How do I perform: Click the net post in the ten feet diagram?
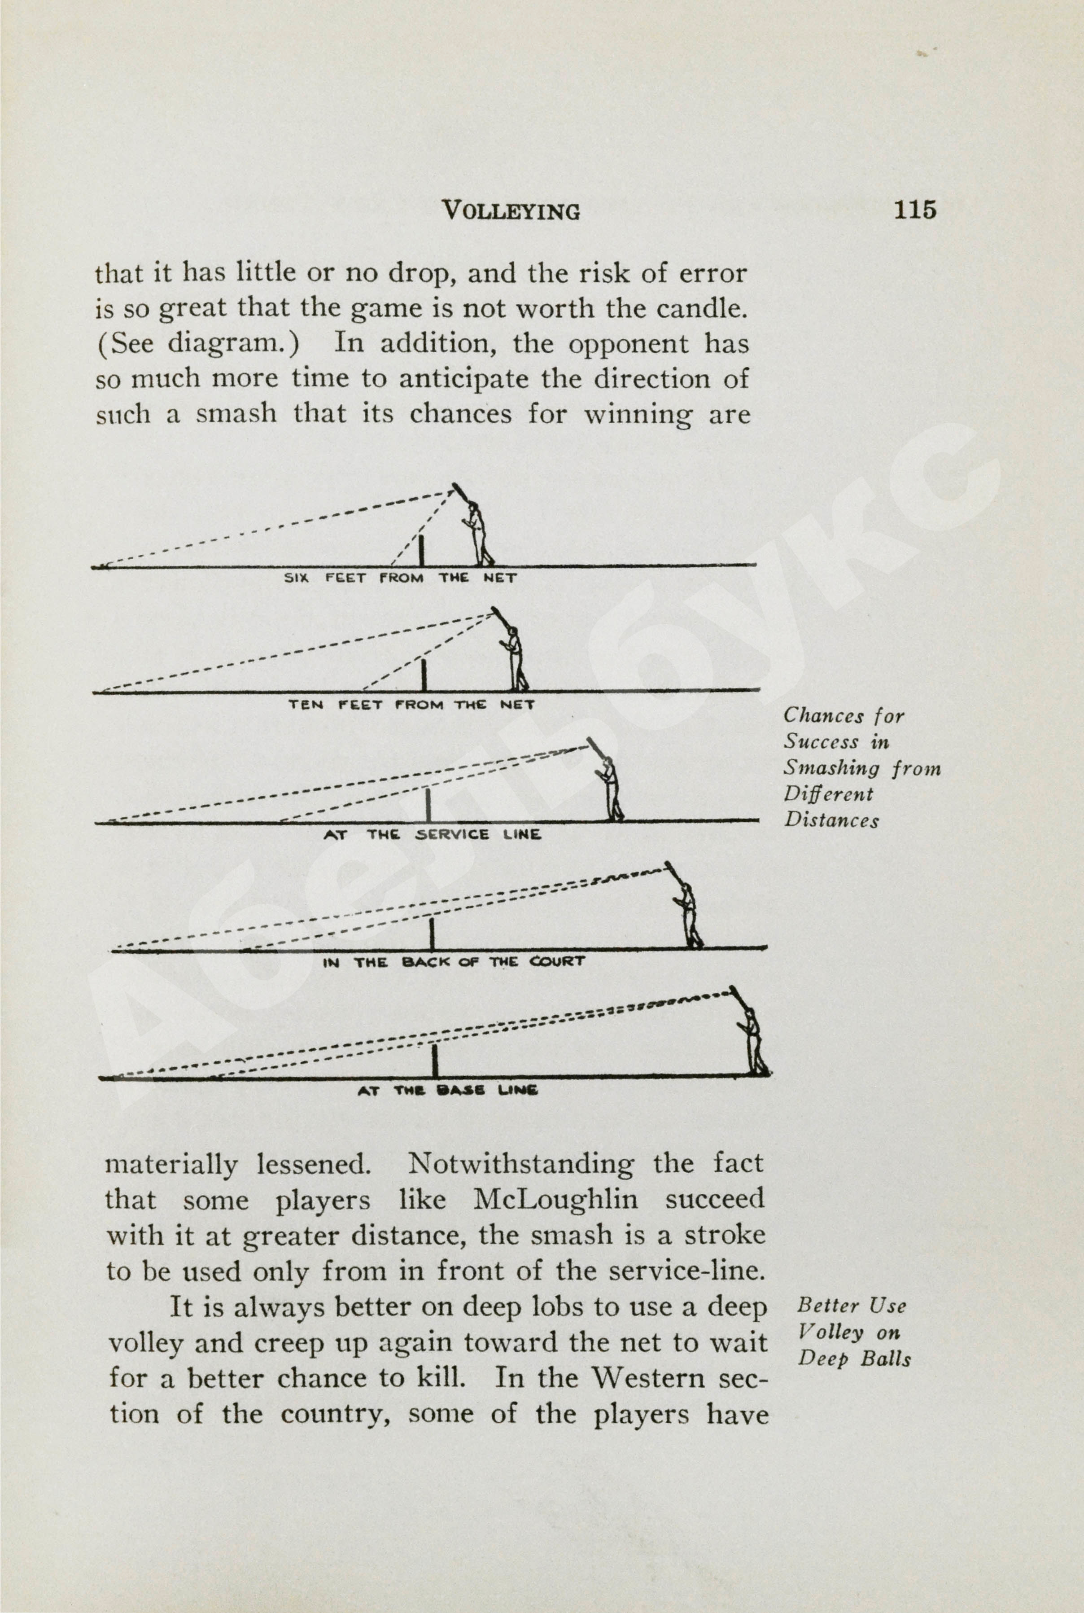click(424, 674)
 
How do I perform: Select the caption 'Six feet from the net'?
click(400, 578)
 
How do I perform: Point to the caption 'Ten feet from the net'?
click(411, 705)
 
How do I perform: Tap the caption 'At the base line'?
click(447, 1091)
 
